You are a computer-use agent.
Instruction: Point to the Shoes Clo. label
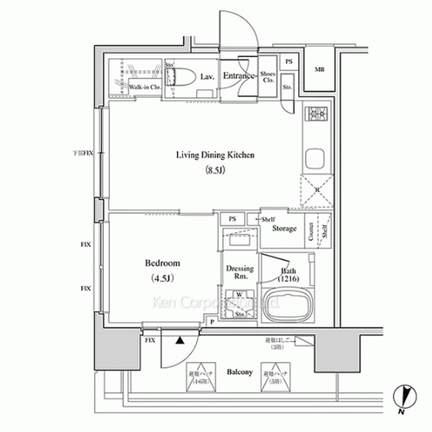pyautogui.click(x=268, y=75)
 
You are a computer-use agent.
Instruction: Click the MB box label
pyautogui.click(x=319, y=69)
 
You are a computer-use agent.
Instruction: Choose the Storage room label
pyautogui.click(x=284, y=229)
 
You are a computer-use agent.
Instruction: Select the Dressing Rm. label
pyautogui.click(x=239, y=273)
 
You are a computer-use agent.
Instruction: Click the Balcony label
pyautogui.click(x=240, y=372)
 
